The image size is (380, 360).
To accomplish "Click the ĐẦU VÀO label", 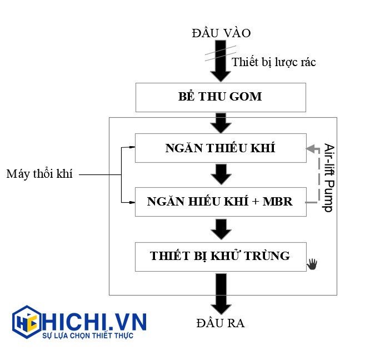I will click(221, 33).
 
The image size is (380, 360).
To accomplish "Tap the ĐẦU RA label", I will click(221, 323).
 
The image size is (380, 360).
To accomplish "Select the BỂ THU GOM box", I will click(221, 97).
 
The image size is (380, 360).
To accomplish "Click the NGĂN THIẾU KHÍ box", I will click(221, 148).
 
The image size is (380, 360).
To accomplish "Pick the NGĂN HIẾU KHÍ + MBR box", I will click(221, 202).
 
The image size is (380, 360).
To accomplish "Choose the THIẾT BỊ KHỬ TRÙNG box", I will click(221, 256).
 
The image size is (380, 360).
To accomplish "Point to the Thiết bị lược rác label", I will click(273, 62).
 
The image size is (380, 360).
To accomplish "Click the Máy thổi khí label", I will click(39, 174).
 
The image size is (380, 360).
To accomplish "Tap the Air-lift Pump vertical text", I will click(328, 178).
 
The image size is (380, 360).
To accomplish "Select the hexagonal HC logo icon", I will click(26, 322).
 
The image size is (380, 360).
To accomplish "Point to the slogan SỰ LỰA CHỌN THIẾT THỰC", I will click(88, 336).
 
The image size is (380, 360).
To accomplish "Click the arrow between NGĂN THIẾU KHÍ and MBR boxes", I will click(221, 174).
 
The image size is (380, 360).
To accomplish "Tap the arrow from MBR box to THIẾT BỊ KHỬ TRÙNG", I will click(221, 228).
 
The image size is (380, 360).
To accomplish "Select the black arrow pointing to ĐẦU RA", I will click(221, 294).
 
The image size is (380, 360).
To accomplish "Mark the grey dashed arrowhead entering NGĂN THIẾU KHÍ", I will click(309, 148).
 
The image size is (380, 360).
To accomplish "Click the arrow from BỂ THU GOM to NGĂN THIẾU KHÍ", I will click(221, 122).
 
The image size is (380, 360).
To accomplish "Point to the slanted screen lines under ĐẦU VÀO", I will click(217, 54).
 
